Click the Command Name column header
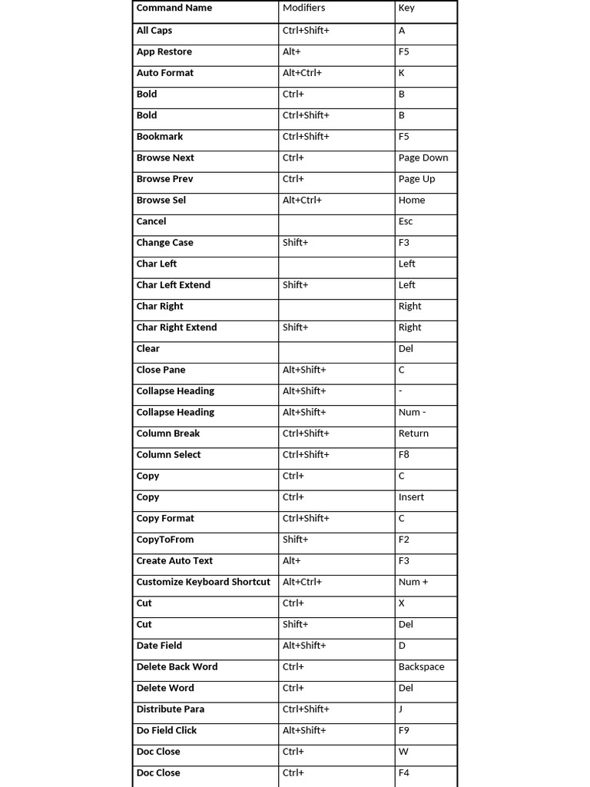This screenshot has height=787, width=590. click(x=174, y=8)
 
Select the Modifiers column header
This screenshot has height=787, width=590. click(x=303, y=8)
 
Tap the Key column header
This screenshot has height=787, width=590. click(x=406, y=8)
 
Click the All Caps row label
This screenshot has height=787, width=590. click(x=154, y=31)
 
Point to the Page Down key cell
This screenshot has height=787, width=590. click(x=423, y=158)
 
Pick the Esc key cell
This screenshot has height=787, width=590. click(x=406, y=221)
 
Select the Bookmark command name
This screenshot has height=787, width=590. click(x=160, y=137)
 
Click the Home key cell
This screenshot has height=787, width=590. click(x=412, y=200)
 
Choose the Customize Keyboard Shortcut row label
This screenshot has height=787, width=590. click(x=203, y=582)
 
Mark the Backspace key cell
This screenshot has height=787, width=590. click(x=421, y=667)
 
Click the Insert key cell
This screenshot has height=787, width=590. click(x=411, y=497)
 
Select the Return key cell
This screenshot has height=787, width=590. click(x=413, y=433)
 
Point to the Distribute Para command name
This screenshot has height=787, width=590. click(x=170, y=709)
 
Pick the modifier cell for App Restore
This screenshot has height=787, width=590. click(x=292, y=52)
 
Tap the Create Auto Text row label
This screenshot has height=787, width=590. click(x=174, y=561)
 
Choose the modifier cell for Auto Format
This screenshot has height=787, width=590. click(x=302, y=73)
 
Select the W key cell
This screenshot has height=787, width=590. click(x=403, y=752)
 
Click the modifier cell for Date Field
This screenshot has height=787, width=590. click(x=304, y=646)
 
